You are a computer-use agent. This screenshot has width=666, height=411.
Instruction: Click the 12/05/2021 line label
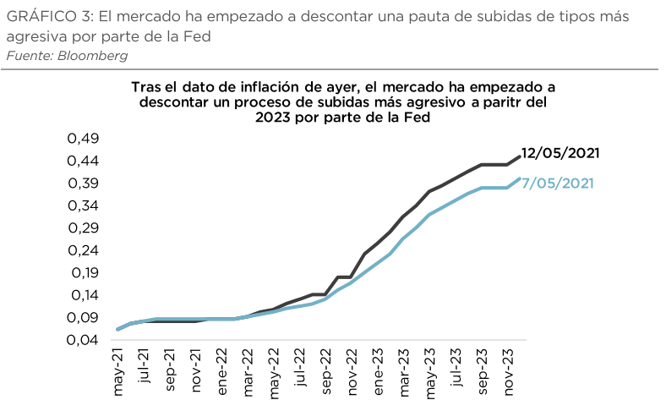coord(560,153)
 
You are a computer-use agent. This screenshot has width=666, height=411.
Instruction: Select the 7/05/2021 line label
coord(558,183)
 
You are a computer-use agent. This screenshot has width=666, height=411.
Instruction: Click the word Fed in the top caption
coord(198,37)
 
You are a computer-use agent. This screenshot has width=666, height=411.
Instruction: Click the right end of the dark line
coord(519,156)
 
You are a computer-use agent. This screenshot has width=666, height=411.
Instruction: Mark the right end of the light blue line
coord(519,178)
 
